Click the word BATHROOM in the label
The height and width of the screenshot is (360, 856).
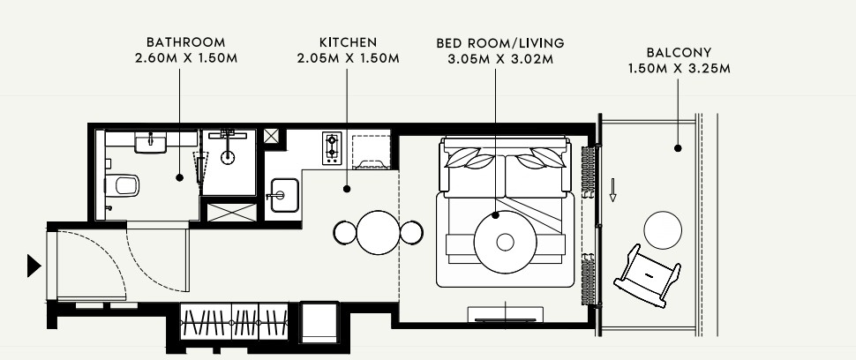185,42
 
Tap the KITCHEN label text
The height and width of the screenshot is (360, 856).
348,42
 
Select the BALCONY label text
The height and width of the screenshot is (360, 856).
679,52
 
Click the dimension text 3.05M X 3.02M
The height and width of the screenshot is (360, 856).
500,59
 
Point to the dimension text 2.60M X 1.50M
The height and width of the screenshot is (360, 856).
186,58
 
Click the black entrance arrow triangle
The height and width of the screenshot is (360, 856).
34,266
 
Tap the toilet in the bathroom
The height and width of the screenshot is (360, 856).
122,185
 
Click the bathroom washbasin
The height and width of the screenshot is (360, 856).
150,144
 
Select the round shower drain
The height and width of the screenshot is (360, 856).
228,157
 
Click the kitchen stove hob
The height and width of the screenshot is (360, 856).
332,148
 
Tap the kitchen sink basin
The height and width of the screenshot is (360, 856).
284,195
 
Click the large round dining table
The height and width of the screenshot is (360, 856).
379,232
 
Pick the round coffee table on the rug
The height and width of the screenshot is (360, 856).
505,242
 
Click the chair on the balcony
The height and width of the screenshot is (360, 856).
648,275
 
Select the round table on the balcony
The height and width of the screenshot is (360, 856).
663,230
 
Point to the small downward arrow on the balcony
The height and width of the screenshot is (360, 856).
613,191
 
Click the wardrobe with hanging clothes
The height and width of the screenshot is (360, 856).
234,322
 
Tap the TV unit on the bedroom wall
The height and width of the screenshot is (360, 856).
506,315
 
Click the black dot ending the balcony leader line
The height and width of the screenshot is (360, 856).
678,148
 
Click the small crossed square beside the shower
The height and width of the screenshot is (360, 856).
271,136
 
